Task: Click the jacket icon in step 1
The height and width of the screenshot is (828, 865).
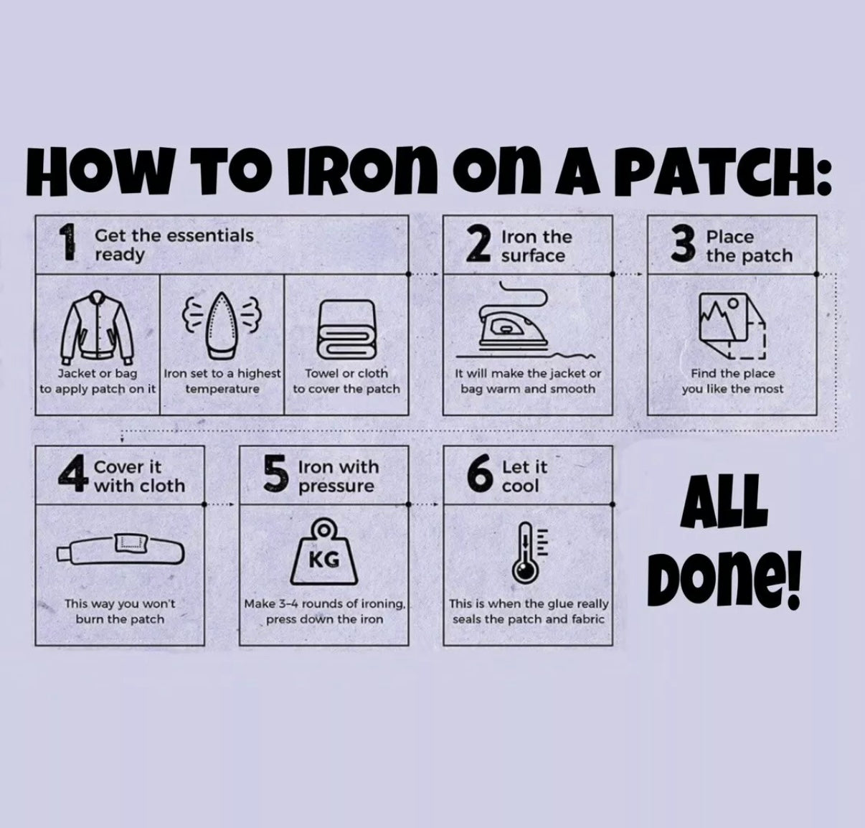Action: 97,327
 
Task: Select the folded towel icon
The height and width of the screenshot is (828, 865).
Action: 346,329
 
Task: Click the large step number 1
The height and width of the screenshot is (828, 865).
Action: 67,242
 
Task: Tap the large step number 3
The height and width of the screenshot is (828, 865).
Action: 684,243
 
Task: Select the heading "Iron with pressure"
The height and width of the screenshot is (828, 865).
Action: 339,476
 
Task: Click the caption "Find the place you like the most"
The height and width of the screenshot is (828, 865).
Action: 732,381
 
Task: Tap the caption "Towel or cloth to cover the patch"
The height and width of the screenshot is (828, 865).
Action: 346,381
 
